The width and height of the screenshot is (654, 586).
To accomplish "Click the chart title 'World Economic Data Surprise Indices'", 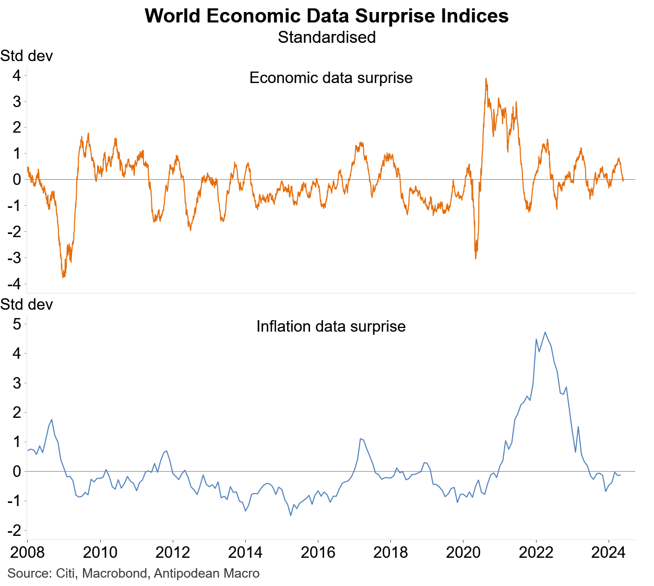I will (x=327, y=16).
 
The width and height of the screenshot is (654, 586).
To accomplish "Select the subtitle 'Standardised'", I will (x=327, y=38).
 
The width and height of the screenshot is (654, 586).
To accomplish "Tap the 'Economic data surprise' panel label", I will (x=331, y=78).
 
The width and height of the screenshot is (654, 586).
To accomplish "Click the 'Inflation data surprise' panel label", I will (x=331, y=326).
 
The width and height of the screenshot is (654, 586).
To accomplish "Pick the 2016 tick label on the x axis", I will (x=318, y=553).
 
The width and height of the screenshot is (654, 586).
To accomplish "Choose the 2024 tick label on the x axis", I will (x=609, y=553).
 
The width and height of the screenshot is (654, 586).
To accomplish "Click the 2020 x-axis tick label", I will (x=463, y=553).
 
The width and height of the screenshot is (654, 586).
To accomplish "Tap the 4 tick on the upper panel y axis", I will (x=17, y=76).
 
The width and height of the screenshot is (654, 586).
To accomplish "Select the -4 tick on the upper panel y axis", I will (x=14, y=284).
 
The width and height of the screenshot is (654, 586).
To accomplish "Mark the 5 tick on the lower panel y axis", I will (x=17, y=324).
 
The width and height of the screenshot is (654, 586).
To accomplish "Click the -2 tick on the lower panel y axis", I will (x=14, y=531).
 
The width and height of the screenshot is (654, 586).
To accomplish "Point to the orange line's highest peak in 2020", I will (x=486, y=79).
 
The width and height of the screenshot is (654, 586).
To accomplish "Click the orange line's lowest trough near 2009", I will (x=63, y=277).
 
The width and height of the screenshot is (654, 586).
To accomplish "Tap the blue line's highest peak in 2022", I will (x=545, y=332).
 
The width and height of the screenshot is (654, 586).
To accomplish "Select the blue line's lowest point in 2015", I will (x=291, y=515).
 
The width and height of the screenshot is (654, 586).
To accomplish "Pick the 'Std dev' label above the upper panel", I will (x=27, y=56).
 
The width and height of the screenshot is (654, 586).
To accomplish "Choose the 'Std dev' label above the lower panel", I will (x=27, y=304).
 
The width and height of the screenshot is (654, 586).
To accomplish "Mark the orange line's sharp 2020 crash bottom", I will (x=475, y=258).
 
